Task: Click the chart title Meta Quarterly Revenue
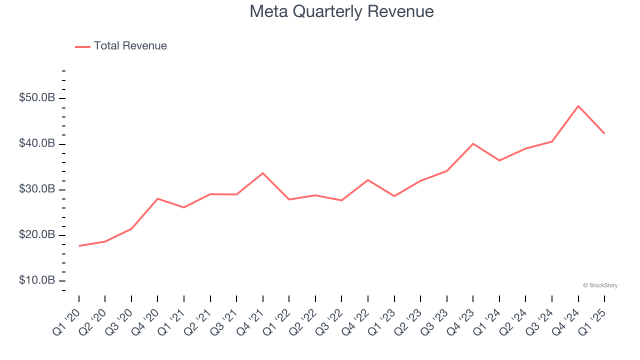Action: pos(341,11)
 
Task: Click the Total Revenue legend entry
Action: pos(121,46)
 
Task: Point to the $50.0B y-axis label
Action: pos(36,98)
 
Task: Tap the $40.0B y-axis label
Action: pos(36,143)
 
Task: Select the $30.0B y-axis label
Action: pos(36,189)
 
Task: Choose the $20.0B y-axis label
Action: pos(36,234)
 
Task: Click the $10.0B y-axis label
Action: pos(36,280)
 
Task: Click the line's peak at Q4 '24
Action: pos(578,106)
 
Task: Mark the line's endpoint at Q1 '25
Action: pos(604,133)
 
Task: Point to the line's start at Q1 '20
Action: pos(79,246)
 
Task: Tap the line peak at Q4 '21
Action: pos(263,173)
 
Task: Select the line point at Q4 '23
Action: pos(473,143)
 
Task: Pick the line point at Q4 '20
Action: pos(157,198)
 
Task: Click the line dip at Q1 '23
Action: pos(394,196)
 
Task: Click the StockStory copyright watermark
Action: pos(600,285)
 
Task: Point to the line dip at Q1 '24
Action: pos(499,160)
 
